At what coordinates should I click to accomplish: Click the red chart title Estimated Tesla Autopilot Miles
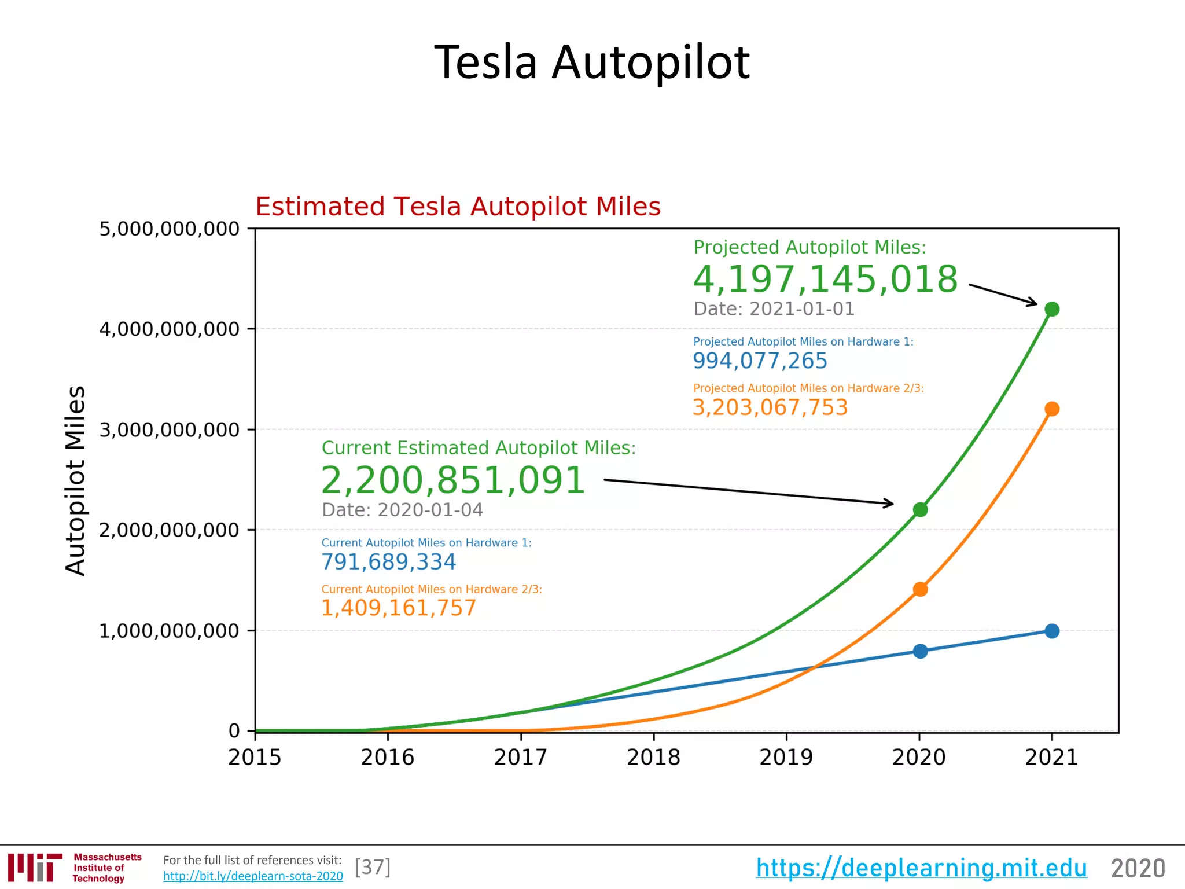click(x=458, y=207)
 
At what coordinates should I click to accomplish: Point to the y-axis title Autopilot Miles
click(x=76, y=480)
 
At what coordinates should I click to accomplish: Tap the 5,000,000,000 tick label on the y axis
click(x=169, y=229)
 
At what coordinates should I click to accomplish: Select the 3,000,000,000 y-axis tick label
click(x=169, y=430)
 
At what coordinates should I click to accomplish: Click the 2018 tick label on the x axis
click(x=653, y=757)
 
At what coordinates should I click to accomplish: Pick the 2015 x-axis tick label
click(x=255, y=757)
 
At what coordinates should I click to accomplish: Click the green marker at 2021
click(x=1052, y=309)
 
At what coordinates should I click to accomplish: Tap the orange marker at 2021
click(x=1052, y=409)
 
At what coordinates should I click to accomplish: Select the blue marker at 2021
click(x=1052, y=631)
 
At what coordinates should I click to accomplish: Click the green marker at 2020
click(x=920, y=509)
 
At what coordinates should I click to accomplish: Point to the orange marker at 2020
click(x=920, y=589)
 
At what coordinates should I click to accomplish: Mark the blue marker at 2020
click(x=920, y=651)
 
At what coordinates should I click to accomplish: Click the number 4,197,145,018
click(x=825, y=280)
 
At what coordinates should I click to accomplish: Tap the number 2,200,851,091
click(x=453, y=480)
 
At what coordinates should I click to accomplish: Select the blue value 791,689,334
click(x=388, y=562)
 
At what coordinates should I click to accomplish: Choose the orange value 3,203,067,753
click(x=770, y=407)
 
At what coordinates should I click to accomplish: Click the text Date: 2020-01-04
click(x=402, y=510)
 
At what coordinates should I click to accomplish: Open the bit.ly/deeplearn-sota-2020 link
click(x=253, y=876)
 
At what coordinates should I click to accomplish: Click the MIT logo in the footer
click(x=35, y=868)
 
